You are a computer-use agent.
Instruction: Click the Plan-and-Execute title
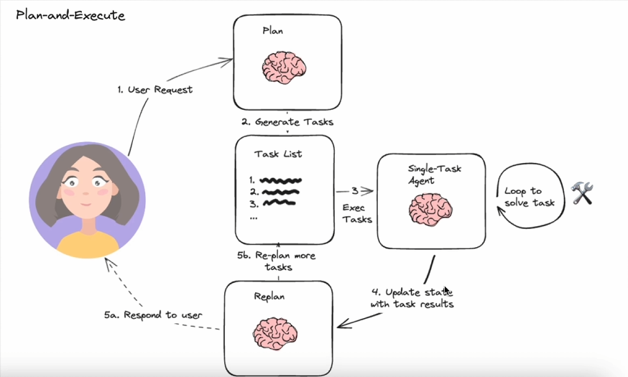pos(70,15)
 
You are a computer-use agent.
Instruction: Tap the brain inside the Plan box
pos(285,68)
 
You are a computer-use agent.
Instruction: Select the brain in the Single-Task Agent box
pos(430,210)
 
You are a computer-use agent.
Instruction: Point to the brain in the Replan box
pos(275,333)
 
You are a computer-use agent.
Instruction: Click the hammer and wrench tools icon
pos(582,193)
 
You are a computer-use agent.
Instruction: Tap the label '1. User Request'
pos(155,90)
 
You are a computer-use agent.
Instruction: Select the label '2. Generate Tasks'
pos(287,121)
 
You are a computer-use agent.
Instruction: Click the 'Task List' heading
pos(278,154)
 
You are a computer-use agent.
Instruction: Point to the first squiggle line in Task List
pos(280,180)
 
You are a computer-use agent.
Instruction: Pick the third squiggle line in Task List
pos(280,203)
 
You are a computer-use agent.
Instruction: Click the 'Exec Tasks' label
pos(357,213)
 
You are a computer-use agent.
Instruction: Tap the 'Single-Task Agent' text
pos(435,174)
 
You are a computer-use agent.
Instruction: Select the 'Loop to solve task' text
pos(530,197)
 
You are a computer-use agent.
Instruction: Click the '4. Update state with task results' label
pos(412,298)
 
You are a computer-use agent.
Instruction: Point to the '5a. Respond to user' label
pos(153,315)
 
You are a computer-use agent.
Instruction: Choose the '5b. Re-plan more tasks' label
pos(277,261)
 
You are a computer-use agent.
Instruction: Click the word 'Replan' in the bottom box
pos(269,297)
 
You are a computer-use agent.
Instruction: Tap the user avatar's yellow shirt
pos(88,243)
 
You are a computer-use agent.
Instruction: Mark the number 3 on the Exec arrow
pos(355,191)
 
